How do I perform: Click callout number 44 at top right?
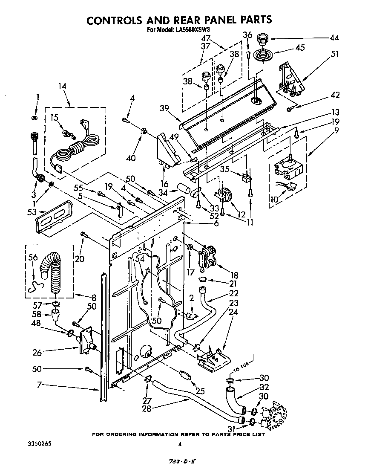tap(334, 38)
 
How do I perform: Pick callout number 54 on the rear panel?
tap(139, 259)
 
